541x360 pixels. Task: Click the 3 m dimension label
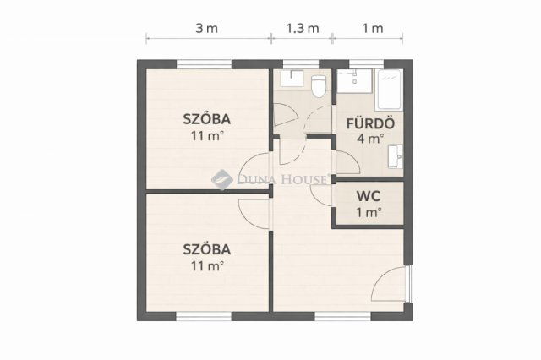click(207, 28)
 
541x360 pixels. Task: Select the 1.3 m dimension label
click(303, 28)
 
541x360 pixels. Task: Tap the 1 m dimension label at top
click(372, 28)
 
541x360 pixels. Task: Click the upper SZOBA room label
click(207, 118)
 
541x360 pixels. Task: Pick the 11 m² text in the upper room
click(207, 135)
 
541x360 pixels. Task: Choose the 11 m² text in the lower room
click(207, 266)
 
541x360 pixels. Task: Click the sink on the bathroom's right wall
click(396, 156)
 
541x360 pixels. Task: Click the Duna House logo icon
click(221, 179)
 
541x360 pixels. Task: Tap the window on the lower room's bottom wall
click(204, 316)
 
